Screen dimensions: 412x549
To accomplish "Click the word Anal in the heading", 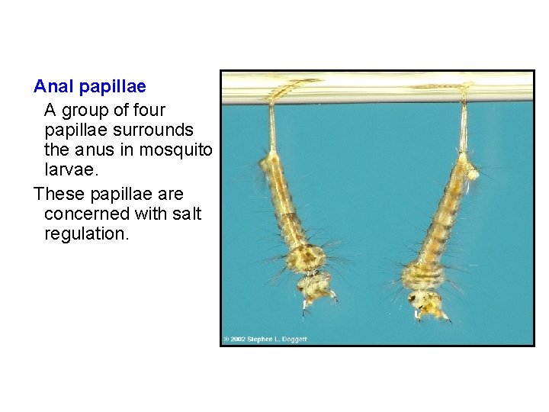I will point(51,87).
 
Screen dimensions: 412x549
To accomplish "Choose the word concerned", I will point(85,214).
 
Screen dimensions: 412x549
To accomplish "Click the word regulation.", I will point(87,234).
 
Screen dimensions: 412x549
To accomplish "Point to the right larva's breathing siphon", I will point(463,122).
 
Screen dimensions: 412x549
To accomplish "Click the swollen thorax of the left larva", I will point(306,257).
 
